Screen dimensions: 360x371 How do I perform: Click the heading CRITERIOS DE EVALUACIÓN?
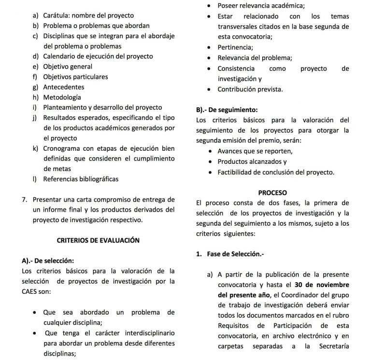(x=98, y=239)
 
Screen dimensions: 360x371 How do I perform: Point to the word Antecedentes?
(x=63, y=87)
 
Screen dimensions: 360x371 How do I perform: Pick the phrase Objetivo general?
(x=68, y=66)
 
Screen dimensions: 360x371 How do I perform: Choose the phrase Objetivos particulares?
(x=75, y=76)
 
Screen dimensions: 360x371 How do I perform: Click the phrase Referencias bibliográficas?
(x=81, y=179)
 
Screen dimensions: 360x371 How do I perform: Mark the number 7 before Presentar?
(x=24, y=199)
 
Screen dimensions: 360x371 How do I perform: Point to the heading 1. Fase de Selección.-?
(x=230, y=254)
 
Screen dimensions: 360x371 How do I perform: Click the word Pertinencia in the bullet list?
(x=235, y=47)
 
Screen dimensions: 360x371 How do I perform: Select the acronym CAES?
(x=31, y=291)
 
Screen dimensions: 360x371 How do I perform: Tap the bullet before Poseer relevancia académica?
(x=208, y=6)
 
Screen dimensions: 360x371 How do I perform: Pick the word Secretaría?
(x=334, y=346)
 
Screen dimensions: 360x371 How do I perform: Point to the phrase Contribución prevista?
(x=250, y=89)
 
